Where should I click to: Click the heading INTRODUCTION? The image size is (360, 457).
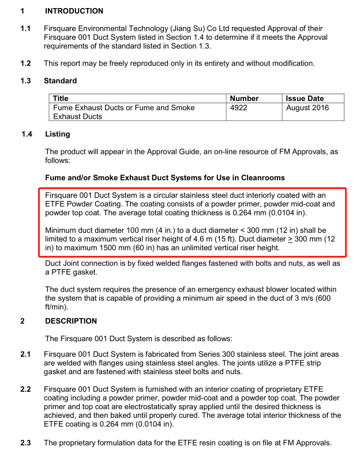point(74,11)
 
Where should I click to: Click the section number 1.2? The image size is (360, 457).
point(25,63)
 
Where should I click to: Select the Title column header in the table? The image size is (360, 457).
point(61,99)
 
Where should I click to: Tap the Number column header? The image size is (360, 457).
point(245,99)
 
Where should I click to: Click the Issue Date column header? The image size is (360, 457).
point(305,99)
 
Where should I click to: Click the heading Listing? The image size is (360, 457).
point(57,134)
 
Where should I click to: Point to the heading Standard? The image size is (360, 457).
point(60,81)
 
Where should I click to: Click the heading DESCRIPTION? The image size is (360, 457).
point(71,321)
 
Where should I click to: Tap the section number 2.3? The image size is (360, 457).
point(25,443)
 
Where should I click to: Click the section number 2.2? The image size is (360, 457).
point(25,390)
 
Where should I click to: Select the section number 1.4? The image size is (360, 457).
point(27,134)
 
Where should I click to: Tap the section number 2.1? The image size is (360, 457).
point(25,354)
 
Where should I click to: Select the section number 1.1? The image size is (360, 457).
point(25,28)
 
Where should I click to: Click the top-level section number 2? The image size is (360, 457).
point(23,321)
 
